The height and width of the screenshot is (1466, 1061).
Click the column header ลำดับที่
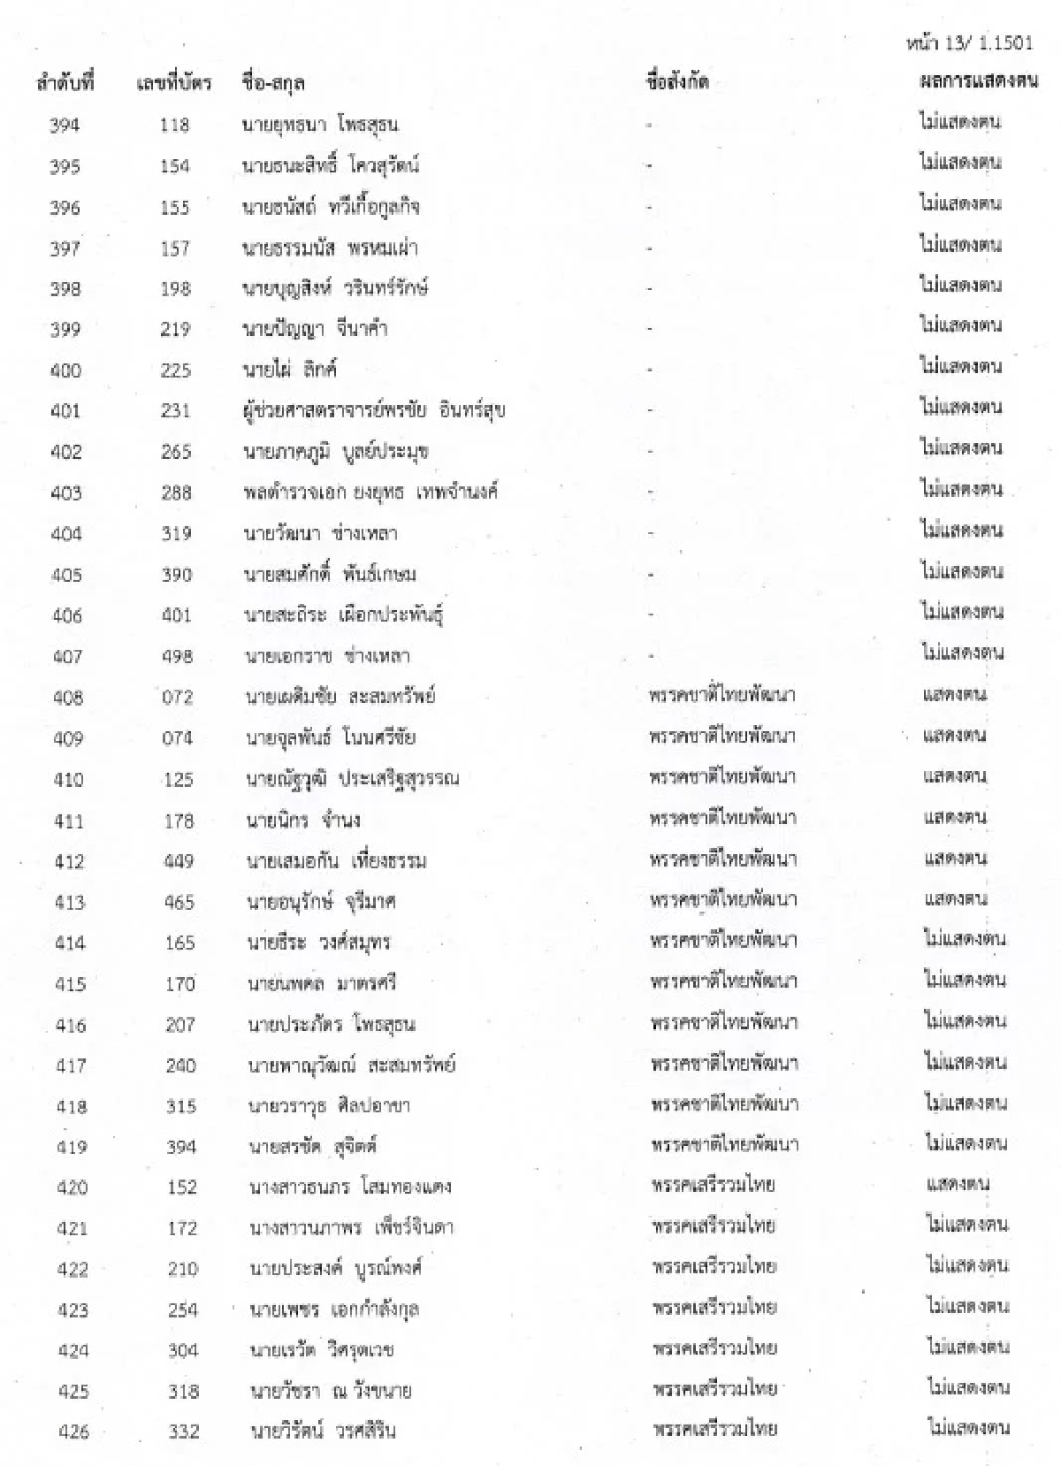[x=65, y=84]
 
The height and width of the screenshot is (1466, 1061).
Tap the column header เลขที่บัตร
[x=174, y=84]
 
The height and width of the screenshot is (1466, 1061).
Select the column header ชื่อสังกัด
[x=678, y=83]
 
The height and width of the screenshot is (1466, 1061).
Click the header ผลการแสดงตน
[x=979, y=81]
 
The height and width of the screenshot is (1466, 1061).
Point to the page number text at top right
[x=970, y=42]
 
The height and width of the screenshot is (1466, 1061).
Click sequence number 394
[x=65, y=126]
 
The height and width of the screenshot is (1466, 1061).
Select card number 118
[x=174, y=126]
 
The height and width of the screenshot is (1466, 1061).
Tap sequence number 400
[x=65, y=370]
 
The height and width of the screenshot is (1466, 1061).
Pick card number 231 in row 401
[x=175, y=411]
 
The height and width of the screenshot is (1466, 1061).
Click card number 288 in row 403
[x=176, y=492]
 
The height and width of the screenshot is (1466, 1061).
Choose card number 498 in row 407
[x=177, y=656]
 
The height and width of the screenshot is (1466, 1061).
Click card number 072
[x=177, y=698]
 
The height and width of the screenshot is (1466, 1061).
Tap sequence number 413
[x=69, y=902]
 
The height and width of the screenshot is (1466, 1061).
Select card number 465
[x=179, y=902]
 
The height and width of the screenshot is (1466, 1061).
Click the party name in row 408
[x=722, y=695]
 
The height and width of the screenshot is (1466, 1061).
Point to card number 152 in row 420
[x=181, y=1187]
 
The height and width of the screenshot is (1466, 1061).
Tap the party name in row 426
[x=715, y=1429]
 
